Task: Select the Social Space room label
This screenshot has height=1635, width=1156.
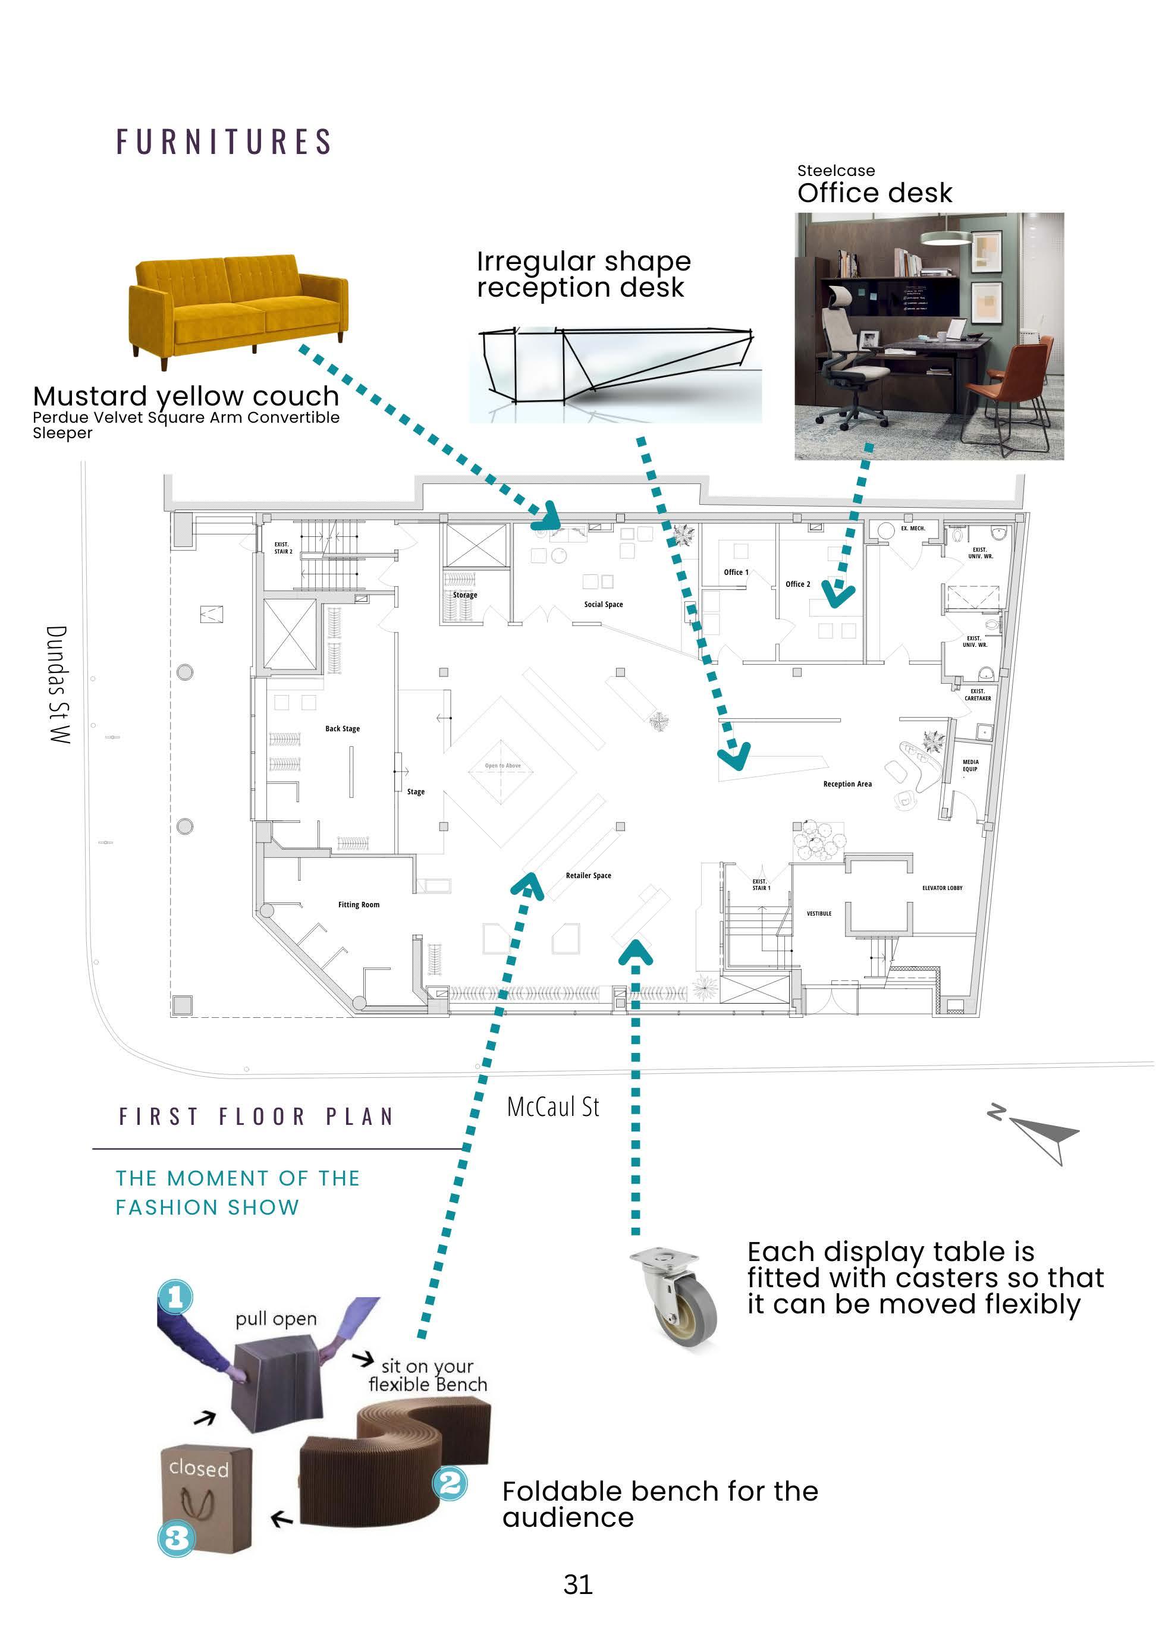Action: pyautogui.click(x=604, y=605)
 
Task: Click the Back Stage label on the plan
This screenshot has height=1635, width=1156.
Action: pyautogui.click(x=343, y=728)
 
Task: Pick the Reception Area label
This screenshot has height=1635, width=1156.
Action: pyautogui.click(x=847, y=784)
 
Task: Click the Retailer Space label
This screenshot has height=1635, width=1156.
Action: pyautogui.click(x=588, y=875)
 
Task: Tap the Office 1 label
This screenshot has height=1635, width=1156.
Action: pyautogui.click(x=736, y=572)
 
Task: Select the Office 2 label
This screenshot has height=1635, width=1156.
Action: pyautogui.click(x=798, y=584)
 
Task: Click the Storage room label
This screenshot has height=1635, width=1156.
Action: pyautogui.click(x=465, y=595)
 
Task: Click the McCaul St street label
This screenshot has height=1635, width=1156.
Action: pyautogui.click(x=552, y=1106)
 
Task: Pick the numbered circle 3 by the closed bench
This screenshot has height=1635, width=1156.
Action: pyautogui.click(x=176, y=1538)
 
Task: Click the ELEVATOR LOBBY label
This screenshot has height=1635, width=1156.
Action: pyautogui.click(x=941, y=888)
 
